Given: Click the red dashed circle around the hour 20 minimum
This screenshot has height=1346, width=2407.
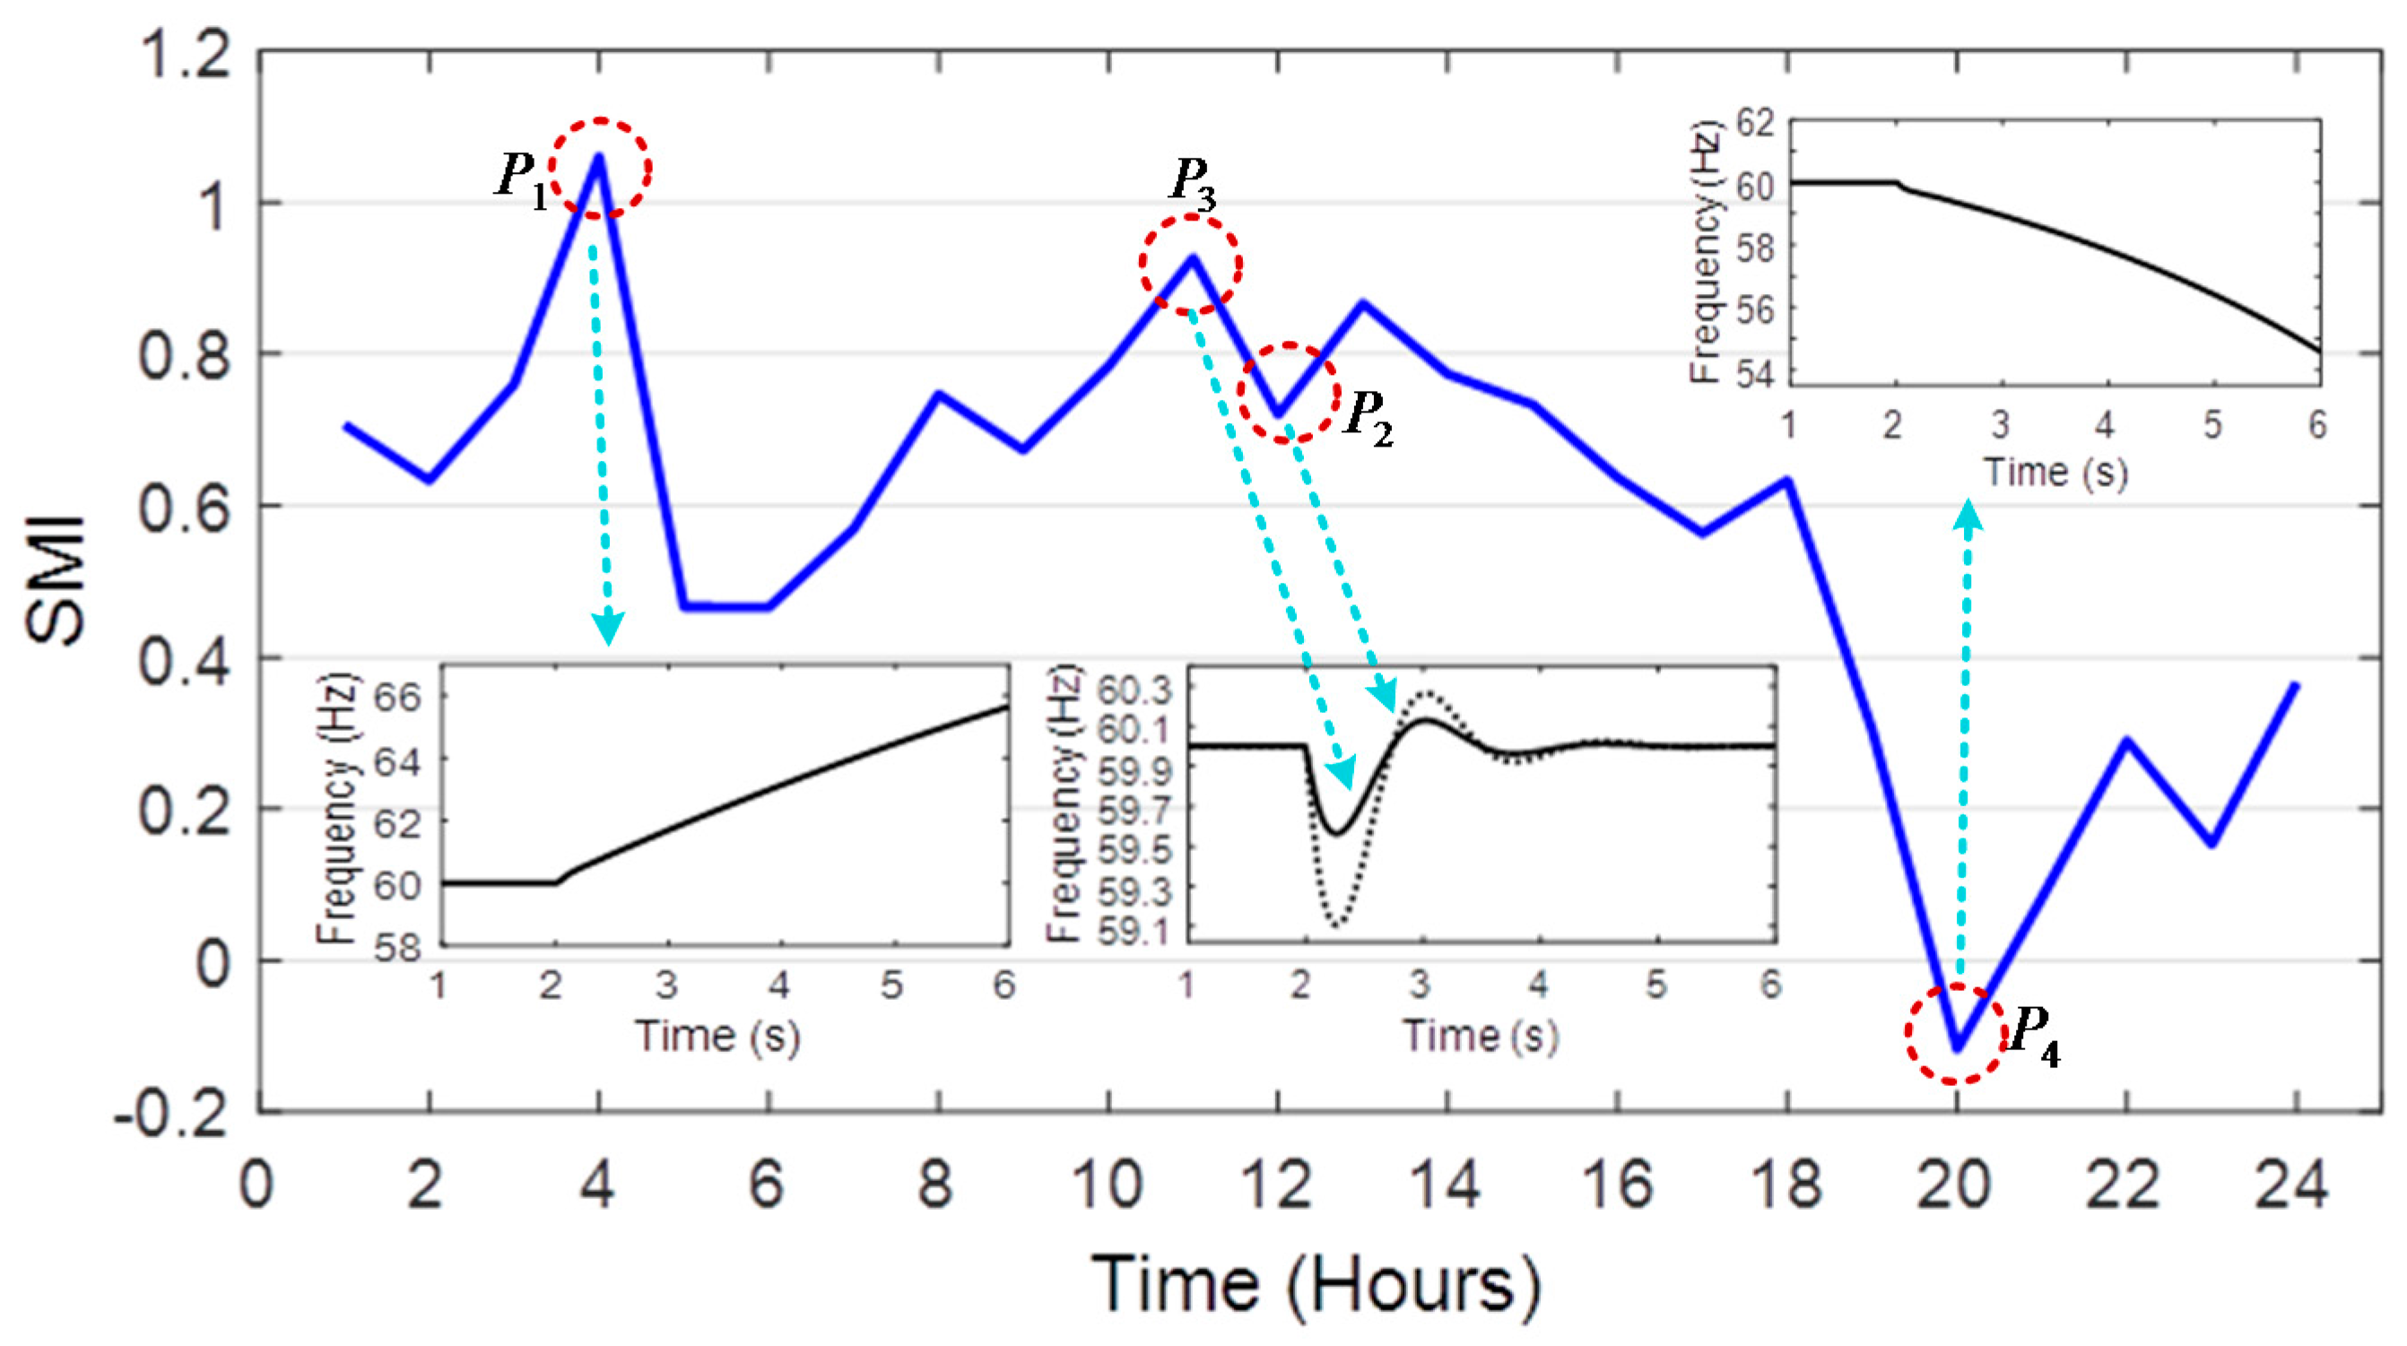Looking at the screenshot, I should click(x=1957, y=1034).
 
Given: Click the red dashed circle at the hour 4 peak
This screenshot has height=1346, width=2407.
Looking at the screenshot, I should click(x=599, y=168).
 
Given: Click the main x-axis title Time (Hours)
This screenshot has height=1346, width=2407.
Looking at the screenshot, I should click(x=1316, y=1285).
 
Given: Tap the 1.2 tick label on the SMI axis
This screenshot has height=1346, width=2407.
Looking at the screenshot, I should click(x=184, y=54).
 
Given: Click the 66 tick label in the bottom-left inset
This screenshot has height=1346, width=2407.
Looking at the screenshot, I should click(x=397, y=697).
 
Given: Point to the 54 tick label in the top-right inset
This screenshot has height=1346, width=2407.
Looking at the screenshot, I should click(x=1754, y=375).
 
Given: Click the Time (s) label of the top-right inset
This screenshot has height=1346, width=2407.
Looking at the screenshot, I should click(x=2055, y=472).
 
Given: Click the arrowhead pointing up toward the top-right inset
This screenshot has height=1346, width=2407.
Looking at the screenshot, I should click(x=1968, y=516).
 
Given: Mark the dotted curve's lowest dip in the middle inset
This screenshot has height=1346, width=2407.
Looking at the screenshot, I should click(x=1338, y=925).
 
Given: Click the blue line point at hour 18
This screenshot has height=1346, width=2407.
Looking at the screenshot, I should click(x=1787, y=481).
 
